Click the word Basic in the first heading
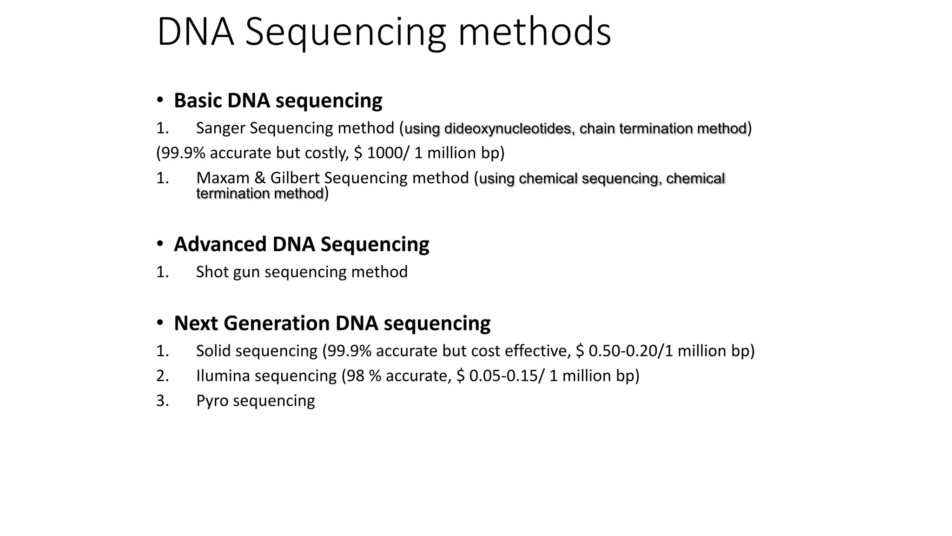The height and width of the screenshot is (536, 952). pyautogui.click(x=198, y=100)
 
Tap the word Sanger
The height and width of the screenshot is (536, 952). pyautogui.click(x=221, y=128)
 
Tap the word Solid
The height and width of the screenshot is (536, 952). pyautogui.click(x=213, y=351)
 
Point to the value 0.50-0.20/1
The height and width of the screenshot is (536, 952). pyautogui.click(x=631, y=351)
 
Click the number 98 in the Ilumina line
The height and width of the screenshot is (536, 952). pyautogui.click(x=356, y=376)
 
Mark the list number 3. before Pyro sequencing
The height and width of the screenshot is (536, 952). pyautogui.click(x=162, y=401)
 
